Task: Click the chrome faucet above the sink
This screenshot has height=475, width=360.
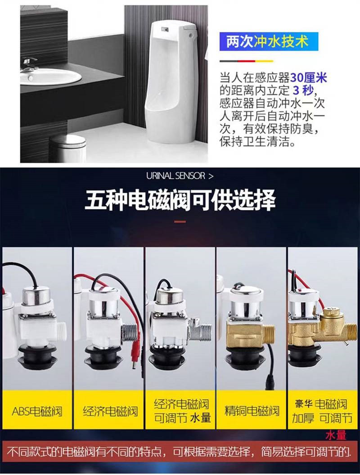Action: (x=29, y=63)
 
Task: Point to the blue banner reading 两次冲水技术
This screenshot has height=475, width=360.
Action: (x=268, y=41)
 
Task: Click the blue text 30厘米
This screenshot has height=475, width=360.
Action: (x=309, y=78)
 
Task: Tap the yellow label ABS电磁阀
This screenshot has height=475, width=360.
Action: (x=37, y=412)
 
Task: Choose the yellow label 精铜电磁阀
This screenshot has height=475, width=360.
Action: (x=252, y=411)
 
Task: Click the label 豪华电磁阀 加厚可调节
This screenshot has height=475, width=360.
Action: (x=322, y=411)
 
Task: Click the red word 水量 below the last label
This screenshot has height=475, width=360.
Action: (x=336, y=436)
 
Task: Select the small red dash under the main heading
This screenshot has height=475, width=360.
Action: (x=180, y=222)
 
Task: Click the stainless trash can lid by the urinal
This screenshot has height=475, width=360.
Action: (x=67, y=140)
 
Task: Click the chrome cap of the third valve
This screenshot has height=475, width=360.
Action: (x=170, y=295)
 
